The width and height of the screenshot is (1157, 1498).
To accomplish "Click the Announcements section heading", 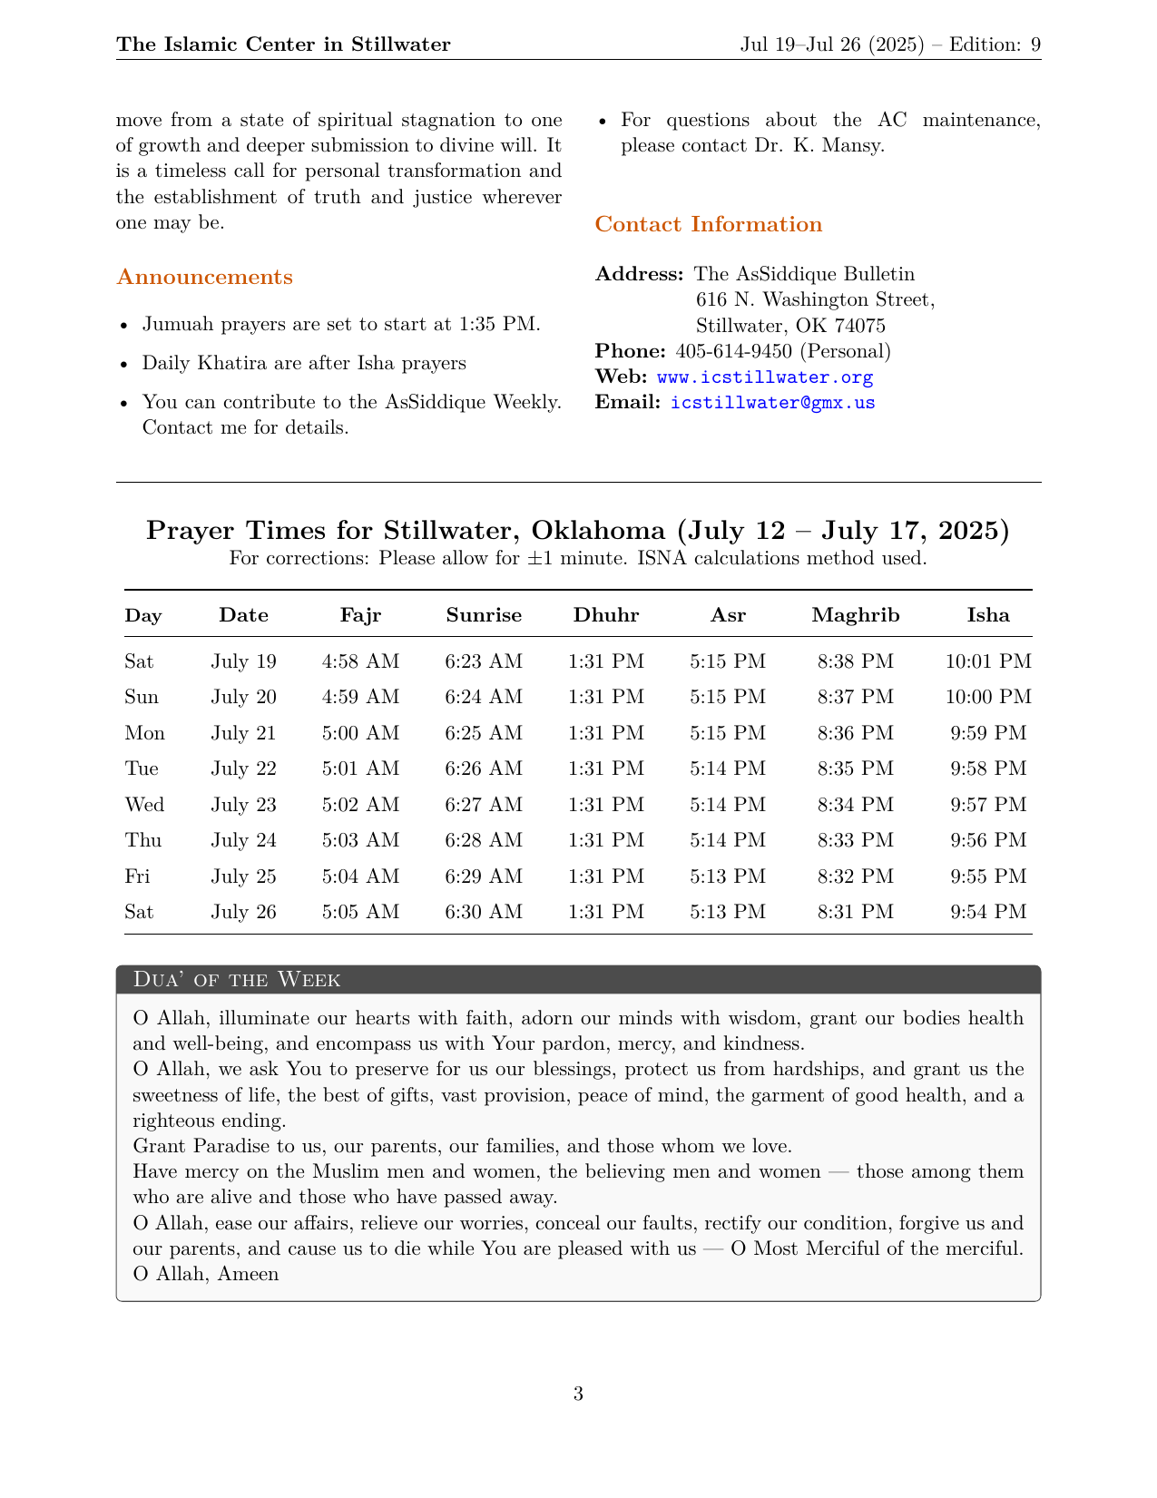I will [x=204, y=278].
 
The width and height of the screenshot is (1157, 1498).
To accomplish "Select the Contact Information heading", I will [x=708, y=225].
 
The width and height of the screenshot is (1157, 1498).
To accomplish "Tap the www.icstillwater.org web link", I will [x=764, y=377].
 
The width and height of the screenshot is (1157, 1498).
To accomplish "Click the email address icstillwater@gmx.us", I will [x=772, y=402].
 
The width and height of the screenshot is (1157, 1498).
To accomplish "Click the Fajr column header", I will [x=360, y=615].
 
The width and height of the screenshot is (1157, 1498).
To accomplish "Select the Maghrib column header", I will [x=856, y=615].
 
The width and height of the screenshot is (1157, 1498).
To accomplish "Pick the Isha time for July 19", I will [x=988, y=661].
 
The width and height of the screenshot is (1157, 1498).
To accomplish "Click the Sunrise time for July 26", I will [x=484, y=912].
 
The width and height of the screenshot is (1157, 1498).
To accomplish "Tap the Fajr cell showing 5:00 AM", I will [x=360, y=733].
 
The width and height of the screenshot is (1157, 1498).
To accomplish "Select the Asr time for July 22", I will [x=728, y=769].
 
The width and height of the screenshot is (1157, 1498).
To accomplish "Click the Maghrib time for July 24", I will [x=856, y=840].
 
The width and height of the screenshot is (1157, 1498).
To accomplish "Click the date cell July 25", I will [x=243, y=876].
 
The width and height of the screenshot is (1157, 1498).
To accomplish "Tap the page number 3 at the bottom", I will [x=578, y=1394].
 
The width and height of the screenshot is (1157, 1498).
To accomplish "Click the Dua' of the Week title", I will [x=237, y=979].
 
